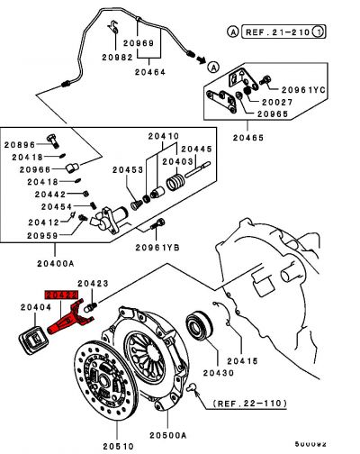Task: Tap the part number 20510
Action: point(118,444)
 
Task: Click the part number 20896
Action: point(20,143)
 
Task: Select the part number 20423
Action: point(92,284)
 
